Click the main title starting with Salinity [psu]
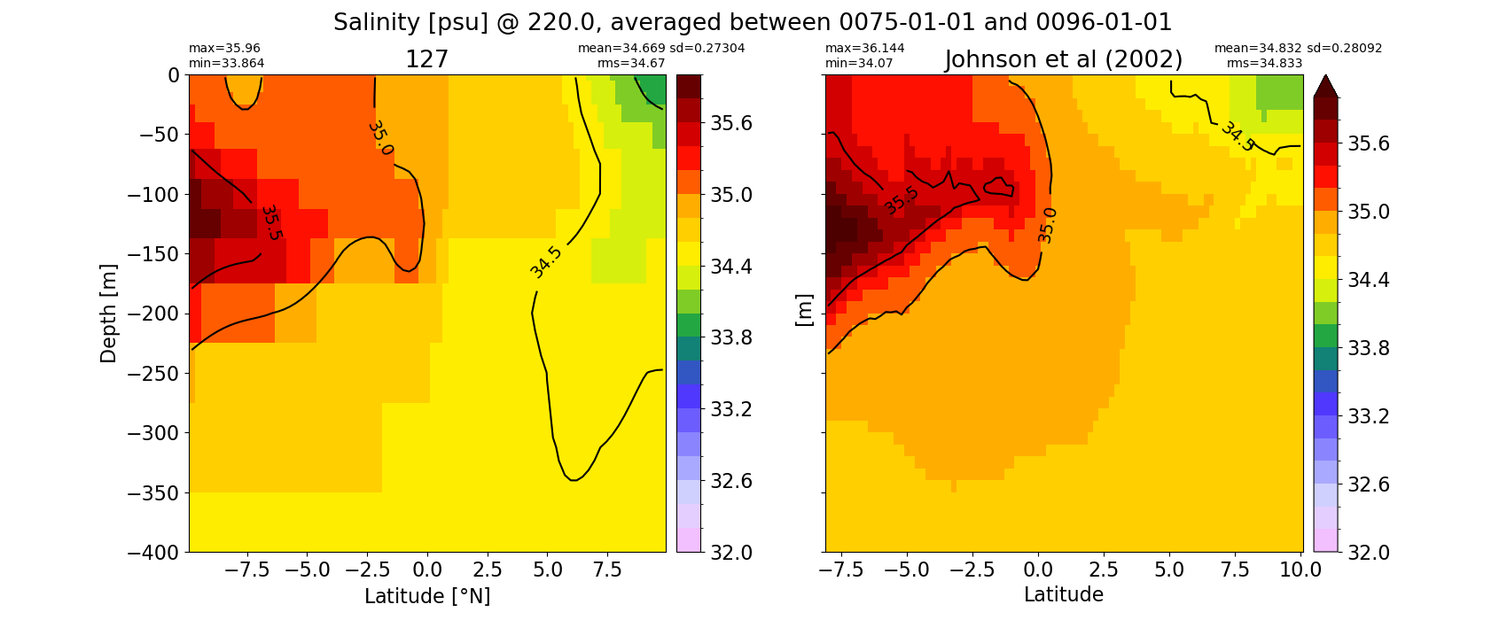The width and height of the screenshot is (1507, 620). coord(752,22)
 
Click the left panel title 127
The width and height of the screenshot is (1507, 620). coord(426,59)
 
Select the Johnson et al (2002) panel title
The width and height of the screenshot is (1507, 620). coord(1064,59)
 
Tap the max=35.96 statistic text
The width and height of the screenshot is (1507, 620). coord(224,48)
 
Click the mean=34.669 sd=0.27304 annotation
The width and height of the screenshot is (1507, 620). coord(661,48)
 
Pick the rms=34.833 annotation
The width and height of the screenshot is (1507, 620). coord(1264,63)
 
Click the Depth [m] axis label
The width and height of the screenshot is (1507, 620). coord(108,314)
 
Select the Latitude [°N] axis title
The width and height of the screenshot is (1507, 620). coord(427,596)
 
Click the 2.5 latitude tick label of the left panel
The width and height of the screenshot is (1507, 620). coord(487,570)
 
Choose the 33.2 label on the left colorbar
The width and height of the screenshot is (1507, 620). coord(731,409)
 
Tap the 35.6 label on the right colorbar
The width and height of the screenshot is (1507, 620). coord(1369,143)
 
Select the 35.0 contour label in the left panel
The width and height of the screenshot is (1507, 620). coord(381,138)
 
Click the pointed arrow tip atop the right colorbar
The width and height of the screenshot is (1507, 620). coord(1325,76)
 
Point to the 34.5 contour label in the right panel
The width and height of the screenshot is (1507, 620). coord(1238,136)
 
